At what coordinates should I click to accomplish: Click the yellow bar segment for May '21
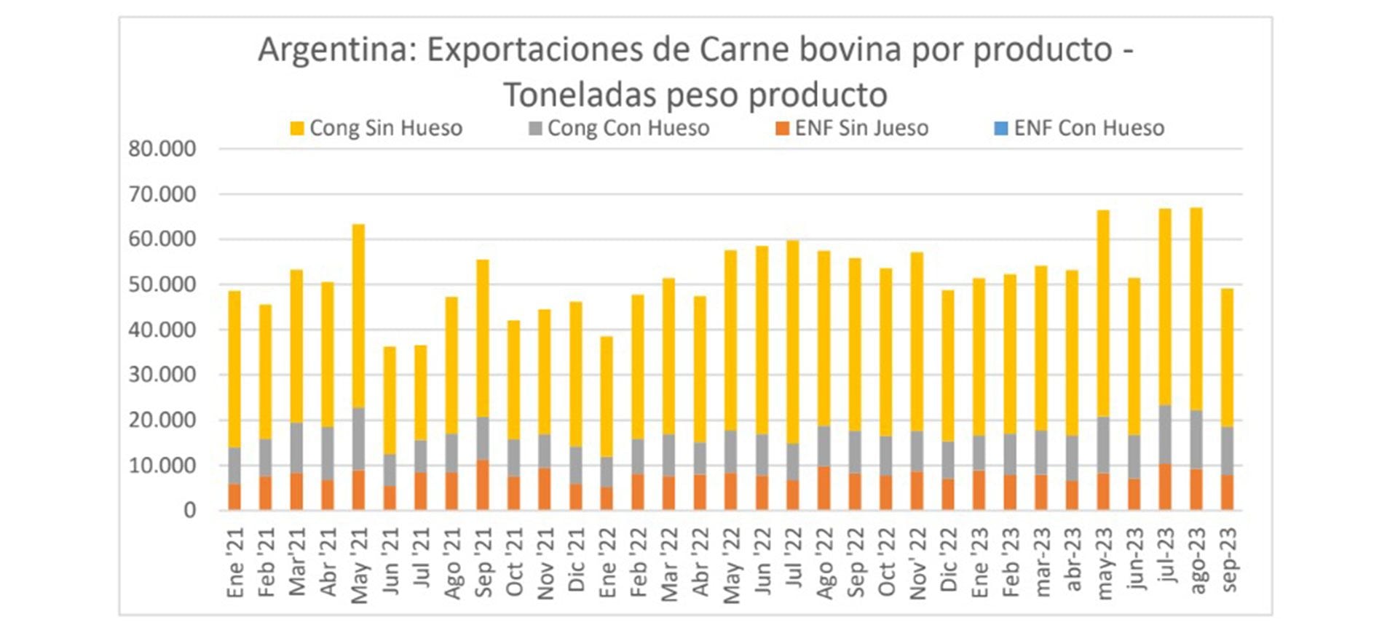[x=358, y=316]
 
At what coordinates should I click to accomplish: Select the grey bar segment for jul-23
[x=1165, y=434]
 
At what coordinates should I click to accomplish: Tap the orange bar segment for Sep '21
[x=482, y=485]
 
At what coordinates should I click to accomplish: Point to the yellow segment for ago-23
[x=1196, y=309]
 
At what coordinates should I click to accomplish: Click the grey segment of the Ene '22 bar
[x=606, y=472]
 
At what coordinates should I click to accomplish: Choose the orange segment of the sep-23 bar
[x=1227, y=493]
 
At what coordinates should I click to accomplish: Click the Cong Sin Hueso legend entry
[x=376, y=129]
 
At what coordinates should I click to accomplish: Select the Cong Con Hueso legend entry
[x=619, y=129]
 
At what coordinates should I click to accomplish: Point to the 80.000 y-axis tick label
[x=162, y=149]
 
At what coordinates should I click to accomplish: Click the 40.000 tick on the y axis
[x=162, y=330]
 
